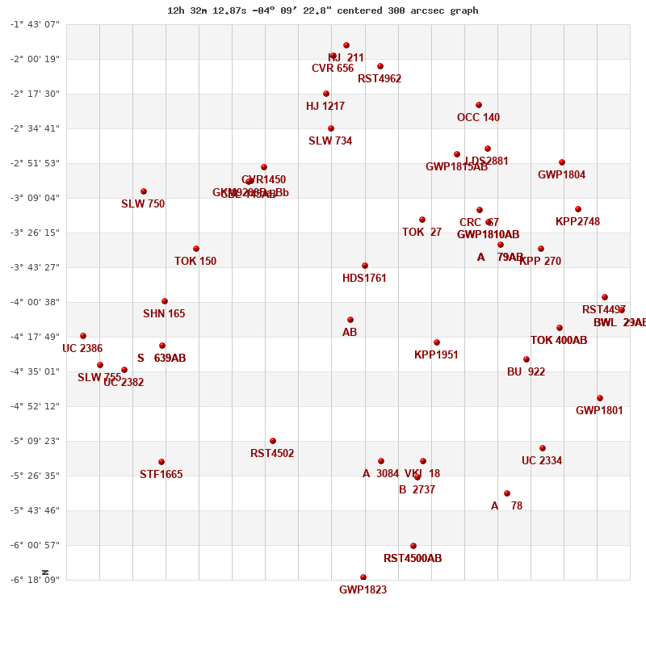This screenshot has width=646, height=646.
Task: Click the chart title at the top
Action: [x=322, y=10]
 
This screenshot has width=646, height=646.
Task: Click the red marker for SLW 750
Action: [x=144, y=191]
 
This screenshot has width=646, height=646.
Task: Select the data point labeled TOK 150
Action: [x=196, y=249]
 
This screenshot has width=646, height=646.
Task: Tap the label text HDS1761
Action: [x=364, y=279]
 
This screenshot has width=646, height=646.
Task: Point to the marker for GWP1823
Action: [x=363, y=577]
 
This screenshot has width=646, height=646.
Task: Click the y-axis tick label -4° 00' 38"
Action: [x=35, y=302]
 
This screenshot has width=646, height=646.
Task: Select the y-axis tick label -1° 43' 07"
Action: [x=35, y=24]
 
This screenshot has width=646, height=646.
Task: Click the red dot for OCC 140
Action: [x=479, y=105]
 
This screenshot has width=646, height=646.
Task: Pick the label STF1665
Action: [x=161, y=475]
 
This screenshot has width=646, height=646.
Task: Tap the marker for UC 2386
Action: [x=83, y=336]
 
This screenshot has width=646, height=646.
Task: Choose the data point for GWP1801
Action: [x=600, y=398]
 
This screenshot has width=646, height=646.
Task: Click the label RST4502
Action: [x=272, y=454]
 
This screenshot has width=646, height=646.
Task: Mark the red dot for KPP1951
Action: [x=437, y=342]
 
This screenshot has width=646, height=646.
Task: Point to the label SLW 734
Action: [x=330, y=141]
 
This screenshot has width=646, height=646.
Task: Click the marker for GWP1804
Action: [x=562, y=162]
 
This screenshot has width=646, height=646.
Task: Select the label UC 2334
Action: [x=542, y=461]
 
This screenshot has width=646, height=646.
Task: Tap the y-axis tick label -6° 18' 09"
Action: [x=35, y=580]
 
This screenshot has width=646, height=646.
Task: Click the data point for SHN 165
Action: [x=165, y=301]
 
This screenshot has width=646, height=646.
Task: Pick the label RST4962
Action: [x=380, y=79]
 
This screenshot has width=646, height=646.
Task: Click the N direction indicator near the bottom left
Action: [x=45, y=573]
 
